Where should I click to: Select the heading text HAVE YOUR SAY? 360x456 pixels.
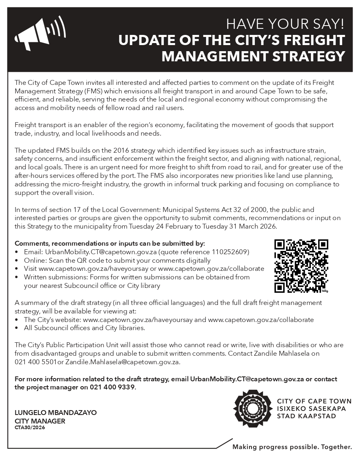tap(285, 24)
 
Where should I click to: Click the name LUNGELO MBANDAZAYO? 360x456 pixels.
tap(56, 413)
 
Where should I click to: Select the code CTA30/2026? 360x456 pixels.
tap(30, 427)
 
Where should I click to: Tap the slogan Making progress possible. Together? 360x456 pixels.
tap(292, 447)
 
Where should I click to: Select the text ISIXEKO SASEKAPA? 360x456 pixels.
tap(311, 408)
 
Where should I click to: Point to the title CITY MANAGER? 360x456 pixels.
tap(40, 421)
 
